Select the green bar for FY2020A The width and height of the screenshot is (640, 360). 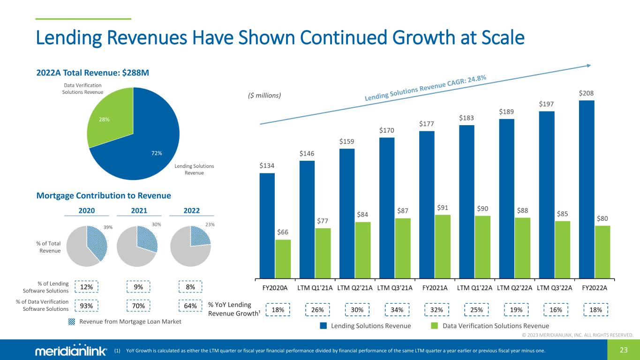[283, 258]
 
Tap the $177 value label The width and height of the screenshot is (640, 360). [427, 124]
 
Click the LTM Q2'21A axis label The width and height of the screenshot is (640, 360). [355, 287]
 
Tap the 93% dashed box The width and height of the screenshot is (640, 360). [86, 306]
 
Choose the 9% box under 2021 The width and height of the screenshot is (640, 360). [138, 286]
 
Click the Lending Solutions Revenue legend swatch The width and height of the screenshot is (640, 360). [323, 325]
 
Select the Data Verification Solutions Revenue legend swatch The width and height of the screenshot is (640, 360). [434, 325]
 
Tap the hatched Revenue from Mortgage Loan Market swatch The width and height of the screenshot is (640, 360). [72, 322]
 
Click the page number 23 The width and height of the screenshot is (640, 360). [624, 349]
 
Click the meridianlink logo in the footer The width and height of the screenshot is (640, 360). [71, 351]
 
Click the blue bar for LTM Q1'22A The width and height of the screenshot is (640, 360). [467, 201]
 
